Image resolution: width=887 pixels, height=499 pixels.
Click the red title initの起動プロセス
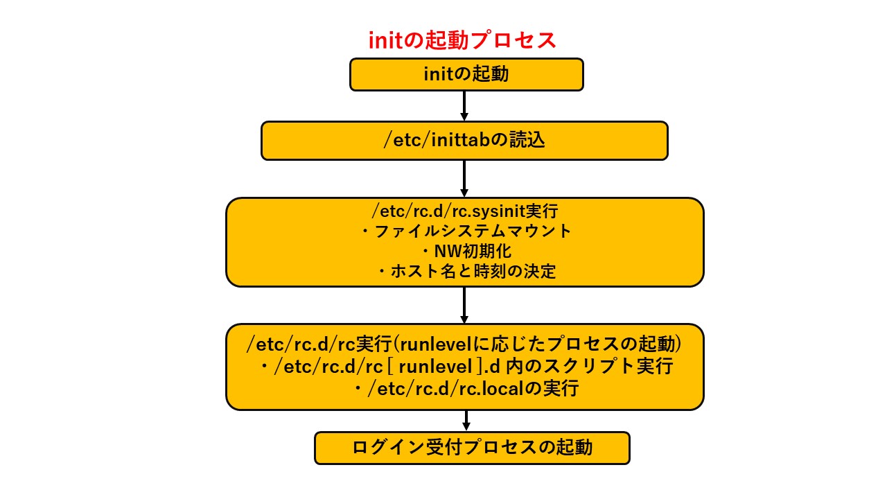[x=462, y=40]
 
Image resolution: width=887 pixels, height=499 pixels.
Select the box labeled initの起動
[x=466, y=74]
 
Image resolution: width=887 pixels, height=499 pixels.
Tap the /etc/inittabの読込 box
[x=464, y=141]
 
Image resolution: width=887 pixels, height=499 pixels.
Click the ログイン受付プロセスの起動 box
[x=472, y=448]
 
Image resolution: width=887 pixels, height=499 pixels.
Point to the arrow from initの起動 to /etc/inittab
[x=464, y=106]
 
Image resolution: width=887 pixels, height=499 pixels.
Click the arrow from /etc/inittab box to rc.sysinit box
[x=464, y=179]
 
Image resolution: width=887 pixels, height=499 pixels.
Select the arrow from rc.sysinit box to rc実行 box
[x=464, y=305]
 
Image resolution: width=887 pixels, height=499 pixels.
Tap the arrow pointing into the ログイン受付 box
[x=466, y=421]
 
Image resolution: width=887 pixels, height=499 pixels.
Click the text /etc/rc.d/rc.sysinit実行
[x=464, y=211]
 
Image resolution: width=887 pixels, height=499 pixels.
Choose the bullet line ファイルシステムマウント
[x=466, y=231]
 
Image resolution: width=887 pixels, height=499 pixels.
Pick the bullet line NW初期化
[x=466, y=251]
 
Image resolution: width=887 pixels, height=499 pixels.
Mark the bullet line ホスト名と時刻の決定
[x=466, y=271]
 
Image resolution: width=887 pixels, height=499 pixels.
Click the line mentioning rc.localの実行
[x=466, y=389]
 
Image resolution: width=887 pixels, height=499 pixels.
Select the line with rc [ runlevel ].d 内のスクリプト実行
[x=466, y=366]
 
